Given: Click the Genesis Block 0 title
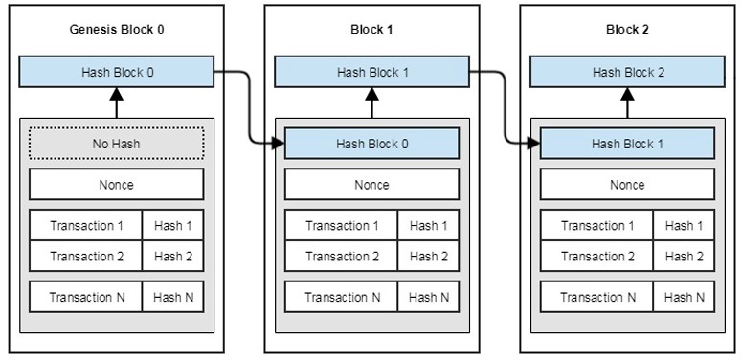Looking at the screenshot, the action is pyautogui.click(x=117, y=30).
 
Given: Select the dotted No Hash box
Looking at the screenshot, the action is pyautogui.click(x=117, y=144).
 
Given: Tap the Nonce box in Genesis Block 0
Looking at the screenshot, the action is pyautogui.click(x=117, y=185).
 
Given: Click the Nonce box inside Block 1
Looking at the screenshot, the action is pyautogui.click(x=371, y=185).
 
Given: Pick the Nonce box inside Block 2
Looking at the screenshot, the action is pyautogui.click(x=627, y=185).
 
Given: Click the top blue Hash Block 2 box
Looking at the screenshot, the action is pyautogui.click(x=627, y=72).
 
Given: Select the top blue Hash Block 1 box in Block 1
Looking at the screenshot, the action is pyautogui.click(x=371, y=72).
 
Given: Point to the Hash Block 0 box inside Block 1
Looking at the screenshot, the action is pyautogui.click(x=371, y=144).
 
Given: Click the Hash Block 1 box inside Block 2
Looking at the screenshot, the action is pyautogui.click(x=627, y=144).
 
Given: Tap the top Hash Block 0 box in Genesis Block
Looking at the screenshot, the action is pyautogui.click(x=117, y=72).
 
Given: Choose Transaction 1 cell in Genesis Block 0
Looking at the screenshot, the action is pyautogui.click(x=85, y=225).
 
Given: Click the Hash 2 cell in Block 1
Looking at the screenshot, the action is pyautogui.click(x=429, y=256).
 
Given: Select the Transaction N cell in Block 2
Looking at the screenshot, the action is pyautogui.click(x=596, y=297).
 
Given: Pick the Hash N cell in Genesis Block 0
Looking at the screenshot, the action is pyautogui.click(x=173, y=297).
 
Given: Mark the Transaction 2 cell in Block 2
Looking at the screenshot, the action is pyautogui.click(x=596, y=256).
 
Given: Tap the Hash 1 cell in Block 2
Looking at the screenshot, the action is pyautogui.click(x=685, y=225).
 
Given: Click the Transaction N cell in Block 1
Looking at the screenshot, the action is pyautogui.click(x=341, y=297).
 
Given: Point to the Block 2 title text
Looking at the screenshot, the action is pyautogui.click(x=627, y=30).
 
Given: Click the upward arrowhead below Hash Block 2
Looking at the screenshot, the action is pyautogui.click(x=627, y=94).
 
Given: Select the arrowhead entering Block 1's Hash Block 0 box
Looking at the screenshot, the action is pyautogui.click(x=278, y=143).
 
